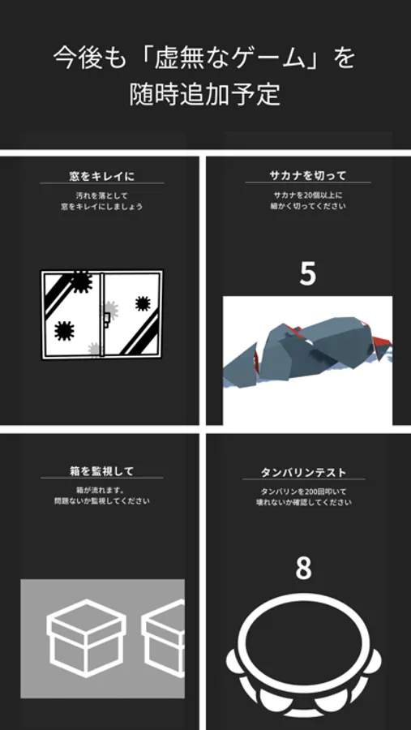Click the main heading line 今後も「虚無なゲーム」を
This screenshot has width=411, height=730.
click(204, 58)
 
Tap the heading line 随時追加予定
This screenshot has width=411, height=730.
click(205, 94)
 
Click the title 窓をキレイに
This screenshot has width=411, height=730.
click(102, 177)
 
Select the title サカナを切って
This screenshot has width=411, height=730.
click(308, 176)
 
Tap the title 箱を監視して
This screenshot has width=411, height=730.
click(102, 471)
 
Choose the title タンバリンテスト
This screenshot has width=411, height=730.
click(303, 473)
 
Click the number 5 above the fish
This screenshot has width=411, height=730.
click(308, 275)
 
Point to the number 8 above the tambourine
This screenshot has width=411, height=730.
click(303, 568)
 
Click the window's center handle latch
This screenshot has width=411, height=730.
click(106, 320)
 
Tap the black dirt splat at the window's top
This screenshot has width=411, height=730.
click(80, 281)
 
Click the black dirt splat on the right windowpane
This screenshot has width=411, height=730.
click(143, 303)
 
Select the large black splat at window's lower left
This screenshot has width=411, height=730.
click(64, 331)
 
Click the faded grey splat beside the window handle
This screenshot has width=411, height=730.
click(110, 310)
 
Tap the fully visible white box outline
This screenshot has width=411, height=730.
click(87, 638)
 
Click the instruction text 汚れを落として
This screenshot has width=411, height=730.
click(102, 195)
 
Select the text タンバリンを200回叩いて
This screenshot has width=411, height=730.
click(303, 492)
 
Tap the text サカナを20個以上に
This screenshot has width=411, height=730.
click(308, 195)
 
